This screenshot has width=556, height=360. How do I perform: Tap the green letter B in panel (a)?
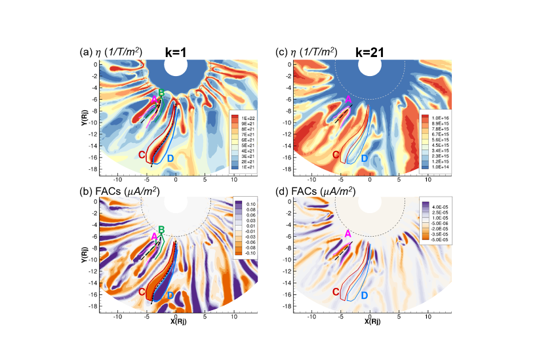(161, 94)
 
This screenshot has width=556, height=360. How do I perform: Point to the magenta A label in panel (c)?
(348, 99)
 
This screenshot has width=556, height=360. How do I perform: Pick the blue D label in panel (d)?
(364, 296)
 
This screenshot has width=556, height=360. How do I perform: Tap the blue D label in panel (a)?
(170, 158)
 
